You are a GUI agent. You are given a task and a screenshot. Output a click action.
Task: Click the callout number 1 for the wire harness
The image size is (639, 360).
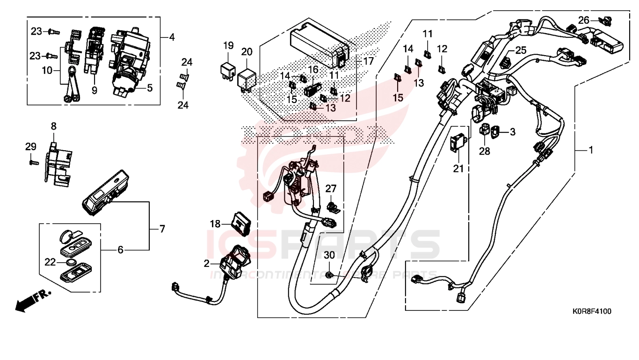pos(591,150)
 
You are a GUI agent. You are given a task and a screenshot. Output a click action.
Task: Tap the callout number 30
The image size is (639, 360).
pos(329,255)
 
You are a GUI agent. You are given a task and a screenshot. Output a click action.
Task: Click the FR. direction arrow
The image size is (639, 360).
pos(33,300)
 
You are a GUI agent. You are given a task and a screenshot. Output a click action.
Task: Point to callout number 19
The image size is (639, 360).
pos(228,46)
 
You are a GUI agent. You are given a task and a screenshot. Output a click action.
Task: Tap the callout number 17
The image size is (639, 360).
pos(368,61)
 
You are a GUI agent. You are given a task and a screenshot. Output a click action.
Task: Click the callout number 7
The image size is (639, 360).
pos(162,229)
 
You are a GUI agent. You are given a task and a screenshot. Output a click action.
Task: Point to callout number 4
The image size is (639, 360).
pos(172,37)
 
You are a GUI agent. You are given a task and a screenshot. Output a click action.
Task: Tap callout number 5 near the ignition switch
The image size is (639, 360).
pos(150,88)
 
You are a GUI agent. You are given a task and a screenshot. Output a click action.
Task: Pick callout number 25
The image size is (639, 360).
pos(521,50)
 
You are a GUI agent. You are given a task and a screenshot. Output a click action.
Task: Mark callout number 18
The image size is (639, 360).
pos(215,224)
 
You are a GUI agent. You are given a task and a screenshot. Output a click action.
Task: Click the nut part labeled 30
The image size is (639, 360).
pos(329,274)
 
